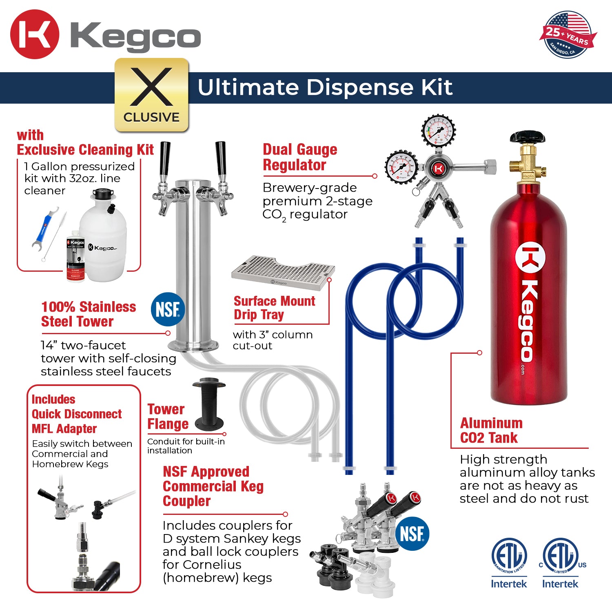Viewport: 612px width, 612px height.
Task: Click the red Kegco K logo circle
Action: pyautogui.click(x=35, y=34)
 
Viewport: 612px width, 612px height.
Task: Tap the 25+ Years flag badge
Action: pyautogui.click(x=568, y=35)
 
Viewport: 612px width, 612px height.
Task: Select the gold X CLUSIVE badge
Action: pyautogui.click(x=151, y=95)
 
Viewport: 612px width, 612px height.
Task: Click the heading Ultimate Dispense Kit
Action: pyautogui.click(x=325, y=87)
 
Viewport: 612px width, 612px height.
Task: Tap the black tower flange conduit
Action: pyautogui.click(x=209, y=402)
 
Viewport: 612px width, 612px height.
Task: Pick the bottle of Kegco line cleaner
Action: pyautogui.click(x=75, y=259)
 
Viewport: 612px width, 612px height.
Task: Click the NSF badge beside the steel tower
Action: pyautogui.click(x=168, y=309)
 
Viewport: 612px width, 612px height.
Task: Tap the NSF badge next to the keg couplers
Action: pyautogui.click(x=412, y=533)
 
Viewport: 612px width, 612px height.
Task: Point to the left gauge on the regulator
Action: pyautogui.click(x=401, y=167)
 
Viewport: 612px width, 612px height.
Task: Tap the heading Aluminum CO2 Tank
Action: pyautogui.click(x=491, y=430)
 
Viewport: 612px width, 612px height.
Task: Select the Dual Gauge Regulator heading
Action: pyautogui.click(x=300, y=157)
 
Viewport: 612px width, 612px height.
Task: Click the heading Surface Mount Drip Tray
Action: pyautogui.click(x=274, y=308)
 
